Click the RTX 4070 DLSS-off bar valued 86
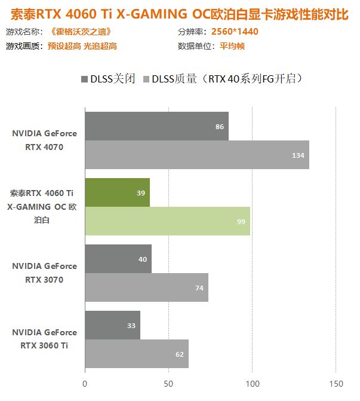[x=156, y=126]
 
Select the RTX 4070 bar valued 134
[x=197, y=155]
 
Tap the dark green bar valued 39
[x=117, y=192]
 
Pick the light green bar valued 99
[x=167, y=221]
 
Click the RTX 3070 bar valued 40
[x=118, y=259]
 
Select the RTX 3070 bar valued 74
[x=146, y=287]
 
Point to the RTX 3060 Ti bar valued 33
[x=112, y=325]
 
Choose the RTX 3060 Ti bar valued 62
[x=137, y=354]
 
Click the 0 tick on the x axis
[x=85, y=383]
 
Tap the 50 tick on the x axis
[x=168, y=383]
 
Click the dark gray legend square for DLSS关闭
[x=84, y=78]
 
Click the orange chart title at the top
[x=180, y=13]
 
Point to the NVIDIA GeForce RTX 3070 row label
[x=44, y=273]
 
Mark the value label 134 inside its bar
[x=299, y=155]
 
